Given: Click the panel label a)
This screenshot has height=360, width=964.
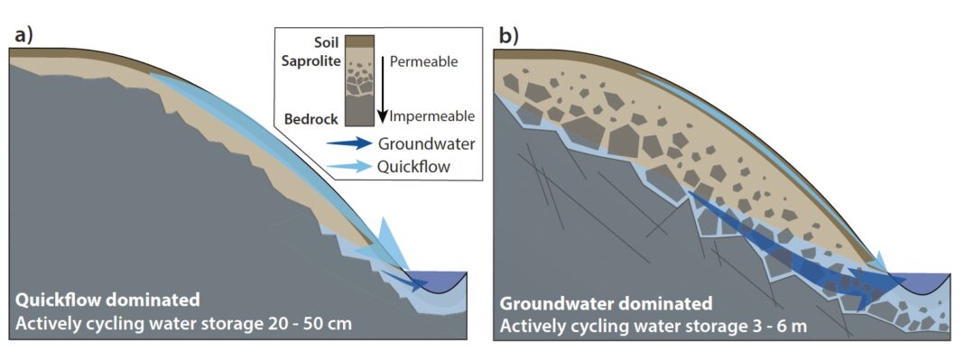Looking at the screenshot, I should coord(23,36).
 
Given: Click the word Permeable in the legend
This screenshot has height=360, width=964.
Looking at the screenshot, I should coord(423,62).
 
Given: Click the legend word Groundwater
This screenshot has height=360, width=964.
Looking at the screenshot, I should coord(427,143).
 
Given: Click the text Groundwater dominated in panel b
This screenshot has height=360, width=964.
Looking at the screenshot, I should coord(606,304).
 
